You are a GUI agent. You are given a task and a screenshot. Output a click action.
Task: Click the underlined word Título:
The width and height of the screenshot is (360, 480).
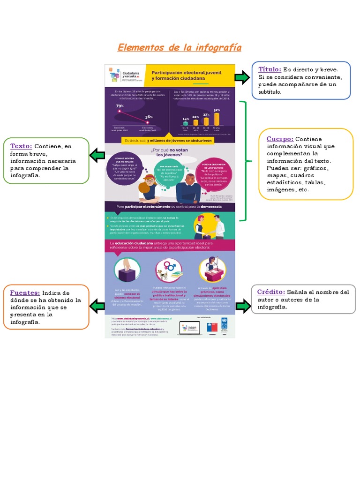[270, 69]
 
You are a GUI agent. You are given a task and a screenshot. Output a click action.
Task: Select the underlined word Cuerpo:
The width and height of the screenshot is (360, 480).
[280, 139]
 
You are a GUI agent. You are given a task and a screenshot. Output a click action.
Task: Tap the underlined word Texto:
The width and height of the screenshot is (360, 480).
[21, 146]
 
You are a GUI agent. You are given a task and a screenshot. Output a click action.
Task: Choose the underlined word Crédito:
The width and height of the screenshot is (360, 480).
[271, 292]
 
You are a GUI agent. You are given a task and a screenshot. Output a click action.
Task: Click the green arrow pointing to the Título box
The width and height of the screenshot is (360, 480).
[242, 77]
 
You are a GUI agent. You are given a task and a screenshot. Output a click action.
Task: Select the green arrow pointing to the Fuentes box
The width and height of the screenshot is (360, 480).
[97, 307]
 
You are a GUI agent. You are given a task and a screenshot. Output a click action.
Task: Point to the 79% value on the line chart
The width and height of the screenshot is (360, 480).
[120, 106]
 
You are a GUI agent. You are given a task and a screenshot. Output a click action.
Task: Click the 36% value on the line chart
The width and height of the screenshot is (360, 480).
[149, 117]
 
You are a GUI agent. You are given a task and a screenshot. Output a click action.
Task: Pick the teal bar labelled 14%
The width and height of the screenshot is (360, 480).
[186, 123]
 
